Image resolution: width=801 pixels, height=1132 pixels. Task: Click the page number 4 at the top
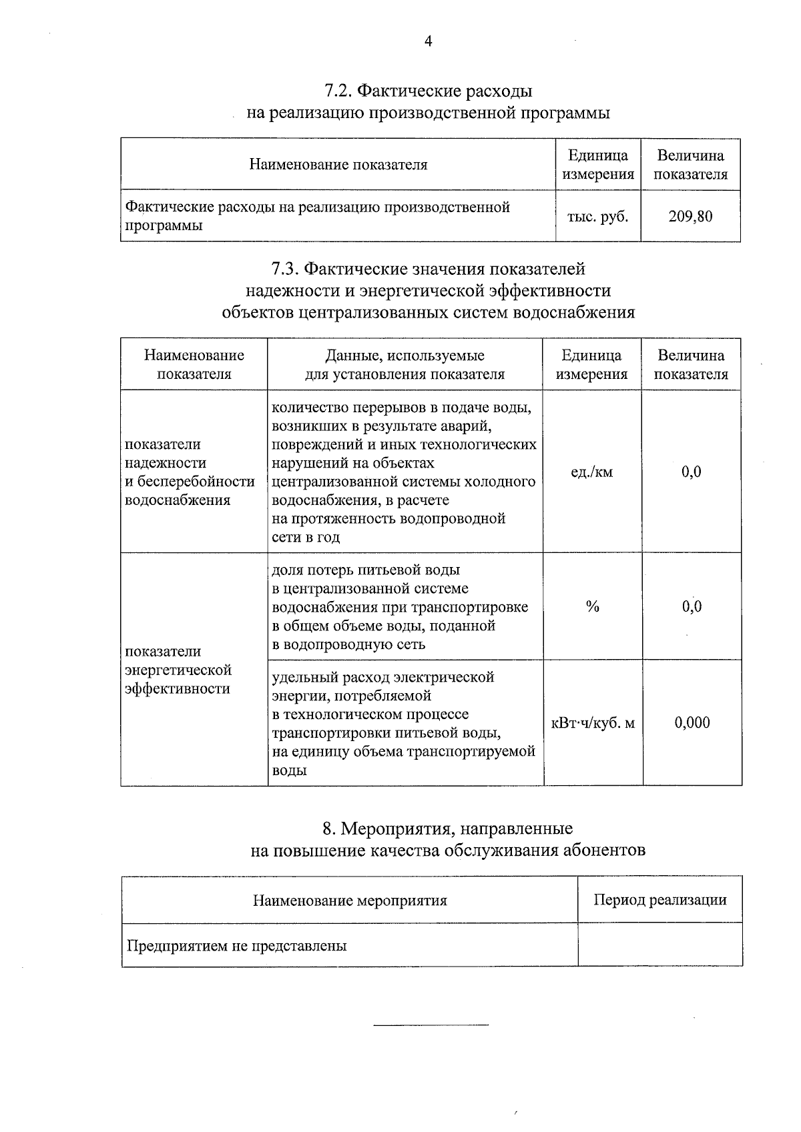tap(429, 42)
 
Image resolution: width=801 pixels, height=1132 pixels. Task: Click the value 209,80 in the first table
tap(690, 217)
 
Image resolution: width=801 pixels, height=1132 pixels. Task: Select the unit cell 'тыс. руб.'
tap(597, 217)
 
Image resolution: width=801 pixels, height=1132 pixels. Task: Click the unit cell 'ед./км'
tap(591, 472)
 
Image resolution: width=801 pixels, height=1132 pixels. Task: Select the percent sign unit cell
tap(592, 606)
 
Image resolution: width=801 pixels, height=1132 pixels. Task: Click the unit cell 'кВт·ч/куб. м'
tap(592, 723)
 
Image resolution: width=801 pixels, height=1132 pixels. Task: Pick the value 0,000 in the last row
tap(692, 723)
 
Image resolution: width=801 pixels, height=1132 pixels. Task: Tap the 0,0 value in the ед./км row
tap(692, 472)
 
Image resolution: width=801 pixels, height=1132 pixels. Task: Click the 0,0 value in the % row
tap(692, 606)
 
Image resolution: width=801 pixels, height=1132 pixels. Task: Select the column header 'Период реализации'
tap(659, 900)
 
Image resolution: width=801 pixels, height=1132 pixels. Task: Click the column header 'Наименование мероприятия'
tap(350, 901)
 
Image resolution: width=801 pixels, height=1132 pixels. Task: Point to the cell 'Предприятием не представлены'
tap(237, 946)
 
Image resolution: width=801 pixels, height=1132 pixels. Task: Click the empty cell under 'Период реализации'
tap(659, 945)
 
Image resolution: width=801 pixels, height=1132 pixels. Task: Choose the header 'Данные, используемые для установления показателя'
tap(405, 365)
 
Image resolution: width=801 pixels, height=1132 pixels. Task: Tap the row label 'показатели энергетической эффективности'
tap(178, 670)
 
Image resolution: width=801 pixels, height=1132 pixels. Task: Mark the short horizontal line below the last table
tap(431, 1024)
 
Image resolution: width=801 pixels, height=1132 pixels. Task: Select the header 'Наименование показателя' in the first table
tap(338, 165)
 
